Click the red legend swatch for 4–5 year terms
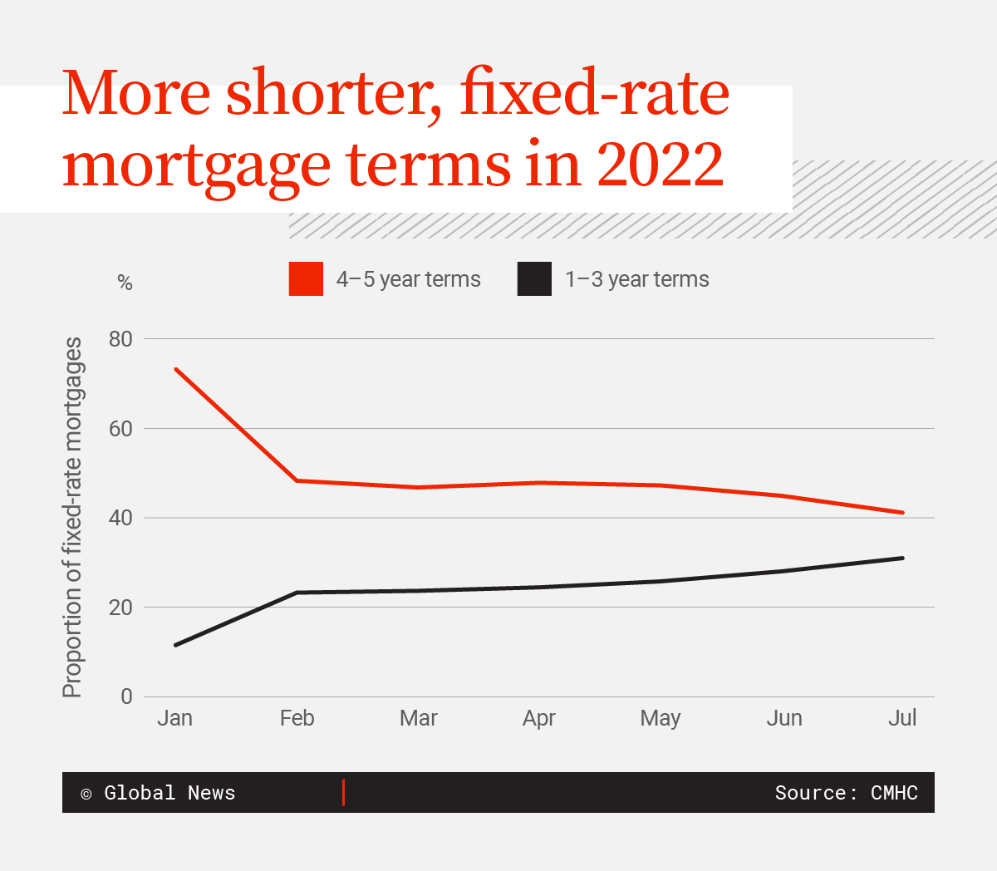tap(306, 279)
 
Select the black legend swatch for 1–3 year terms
tap(534, 279)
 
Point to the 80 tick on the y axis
tap(120, 339)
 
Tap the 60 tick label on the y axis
tap(120, 429)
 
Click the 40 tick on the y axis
tap(120, 518)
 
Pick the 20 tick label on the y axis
tap(120, 608)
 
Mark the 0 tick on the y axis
tap(126, 696)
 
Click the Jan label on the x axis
tap(174, 718)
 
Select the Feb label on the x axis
tap(297, 718)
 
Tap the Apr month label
tap(539, 718)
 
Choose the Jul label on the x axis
tap(902, 718)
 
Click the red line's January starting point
tap(176, 369)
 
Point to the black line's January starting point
tap(176, 645)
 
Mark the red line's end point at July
tap(902, 513)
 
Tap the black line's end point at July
tap(902, 558)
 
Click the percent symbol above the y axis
tap(125, 283)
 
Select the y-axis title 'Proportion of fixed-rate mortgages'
tap(73, 517)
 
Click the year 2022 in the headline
tap(661, 164)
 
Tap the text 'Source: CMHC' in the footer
tap(846, 793)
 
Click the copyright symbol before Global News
tap(86, 794)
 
